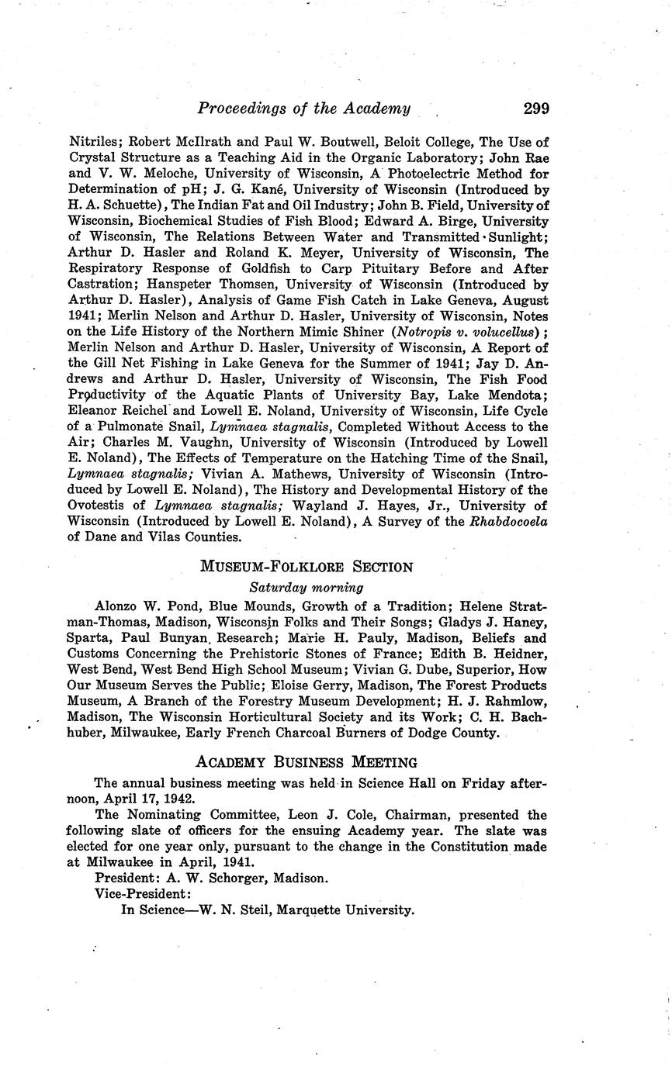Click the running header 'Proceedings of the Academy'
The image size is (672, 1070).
pyautogui.click(x=303, y=109)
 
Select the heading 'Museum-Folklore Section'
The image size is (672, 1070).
pyautogui.click(x=307, y=567)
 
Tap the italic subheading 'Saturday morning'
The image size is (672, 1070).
pyautogui.click(x=306, y=588)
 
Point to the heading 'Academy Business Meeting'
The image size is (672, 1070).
pyautogui.click(x=307, y=762)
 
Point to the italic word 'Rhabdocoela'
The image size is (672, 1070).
pyautogui.click(x=508, y=521)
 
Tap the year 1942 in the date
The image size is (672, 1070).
pyautogui.click(x=171, y=799)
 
